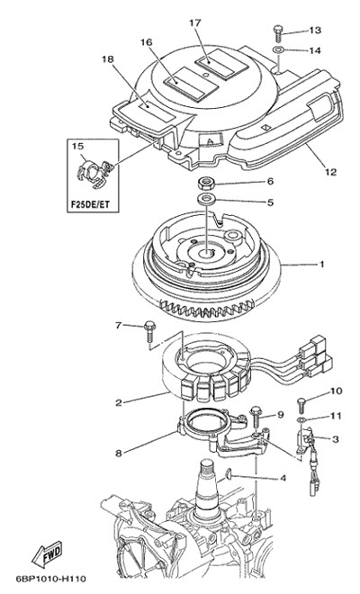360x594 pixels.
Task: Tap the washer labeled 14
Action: [x=278, y=49]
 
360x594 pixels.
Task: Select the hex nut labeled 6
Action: [x=206, y=184]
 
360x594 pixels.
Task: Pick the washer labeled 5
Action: [x=206, y=199]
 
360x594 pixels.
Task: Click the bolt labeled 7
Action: [x=148, y=332]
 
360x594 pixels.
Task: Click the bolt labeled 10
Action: [x=301, y=405]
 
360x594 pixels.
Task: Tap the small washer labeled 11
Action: [x=301, y=420]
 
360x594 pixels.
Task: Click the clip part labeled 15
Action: [x=93, y=173]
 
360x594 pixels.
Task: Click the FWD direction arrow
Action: [x=47, y=554]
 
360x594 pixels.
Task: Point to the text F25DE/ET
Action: [x=90, y=205]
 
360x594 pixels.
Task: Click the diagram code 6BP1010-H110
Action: [x=50, y=579]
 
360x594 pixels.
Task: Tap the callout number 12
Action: [x=331, y=172]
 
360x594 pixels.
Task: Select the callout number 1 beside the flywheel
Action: [x=321, y=264]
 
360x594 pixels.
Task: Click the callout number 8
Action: [x=119, y=453]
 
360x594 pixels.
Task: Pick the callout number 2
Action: [x=119, y=402]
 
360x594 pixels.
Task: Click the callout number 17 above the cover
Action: [x=194, y=22]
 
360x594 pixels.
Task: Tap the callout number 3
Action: [x=335, y=439]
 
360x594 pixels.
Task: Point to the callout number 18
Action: [x=107, y=58]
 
